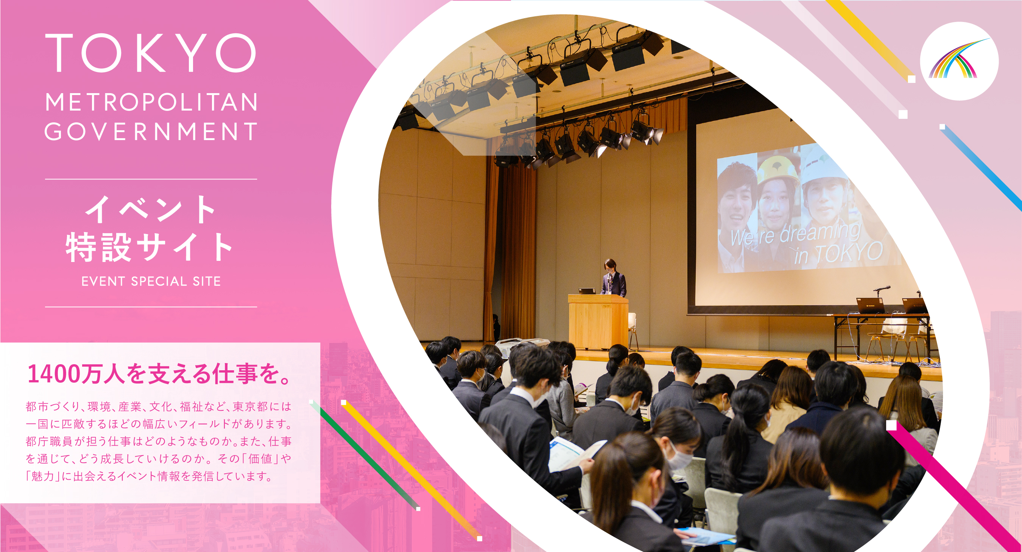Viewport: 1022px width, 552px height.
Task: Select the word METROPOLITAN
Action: point(151,102)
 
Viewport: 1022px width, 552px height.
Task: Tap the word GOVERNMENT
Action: point(151,131)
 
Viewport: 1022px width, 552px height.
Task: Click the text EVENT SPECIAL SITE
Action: point(151,281)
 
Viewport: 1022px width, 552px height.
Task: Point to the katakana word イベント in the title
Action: point(151,209)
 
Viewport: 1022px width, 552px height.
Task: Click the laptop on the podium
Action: point(587,291)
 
